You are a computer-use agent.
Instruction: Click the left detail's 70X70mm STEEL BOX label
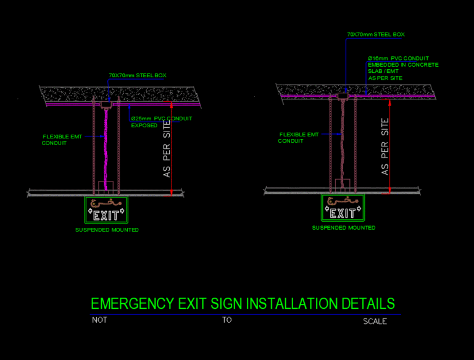pyautogui.click(x=138, y=75)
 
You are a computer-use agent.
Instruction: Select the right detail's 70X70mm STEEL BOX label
pyautogui.click(x=376, y=35)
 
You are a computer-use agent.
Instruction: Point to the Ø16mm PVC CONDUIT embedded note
pyautogui.click(x=403, y=68)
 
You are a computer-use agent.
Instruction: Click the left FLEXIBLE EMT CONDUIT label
pyautogui.click(x=62, y=140)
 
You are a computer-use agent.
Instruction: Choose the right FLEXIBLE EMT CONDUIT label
pyautogui.click(x=298, y=138)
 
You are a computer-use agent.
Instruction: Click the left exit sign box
pyautogui.click(x=106, y=210)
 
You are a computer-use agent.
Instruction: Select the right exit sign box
pyautogui.click(x=343, y=208)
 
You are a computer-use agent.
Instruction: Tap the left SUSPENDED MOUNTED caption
pyautogui.click(x=107, y=230)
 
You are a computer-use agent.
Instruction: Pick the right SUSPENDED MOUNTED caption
pyautogui.click(x=344, y=228)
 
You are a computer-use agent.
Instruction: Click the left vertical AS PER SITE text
pyautogui.click(x=167, y=149)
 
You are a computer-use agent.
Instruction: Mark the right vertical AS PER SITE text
pyautogui.click(x=385, y=147)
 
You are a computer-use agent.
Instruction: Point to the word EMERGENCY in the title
pyautogui.click(x=133, y=304)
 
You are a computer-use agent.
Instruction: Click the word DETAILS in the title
pyautogui.click(x=368, y=304)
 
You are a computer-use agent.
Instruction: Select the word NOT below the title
pyautogui.click(x=99, y=320)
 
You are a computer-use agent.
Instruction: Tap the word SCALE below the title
pyautogui.click(x=375, y=321)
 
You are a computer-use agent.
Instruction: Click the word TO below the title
pyautogui.click(x=227, y=320)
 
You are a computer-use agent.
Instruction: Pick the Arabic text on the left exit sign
pyautogui.click(x=106, y=203)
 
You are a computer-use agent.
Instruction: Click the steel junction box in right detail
pyautogui.click(x=343, y=96)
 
